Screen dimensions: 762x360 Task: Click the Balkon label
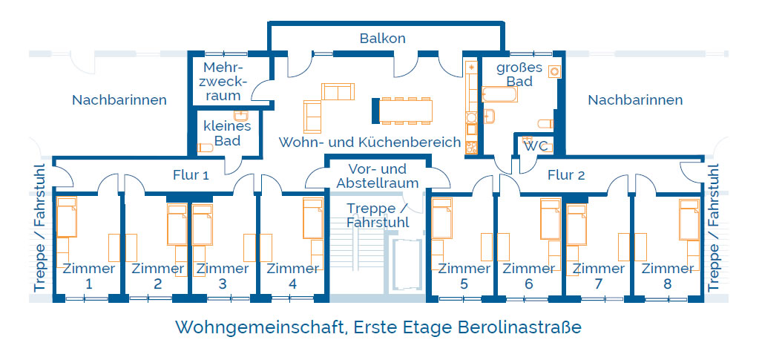point(382,39)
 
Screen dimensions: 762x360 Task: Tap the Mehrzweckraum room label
point(223,81)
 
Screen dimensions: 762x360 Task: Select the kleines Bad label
point(228,134)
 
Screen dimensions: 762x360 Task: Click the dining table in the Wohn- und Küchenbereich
point(406,110)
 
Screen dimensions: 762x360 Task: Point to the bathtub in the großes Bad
point(499,94)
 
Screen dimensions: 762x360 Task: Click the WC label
point(537,146)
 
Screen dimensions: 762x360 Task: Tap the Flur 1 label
point(191,175)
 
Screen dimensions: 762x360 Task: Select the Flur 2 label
point(566,175)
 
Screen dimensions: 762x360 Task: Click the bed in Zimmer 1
point(67,217)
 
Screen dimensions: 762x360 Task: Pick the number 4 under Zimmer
point(292,284)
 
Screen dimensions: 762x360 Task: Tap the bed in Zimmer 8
point(689,219)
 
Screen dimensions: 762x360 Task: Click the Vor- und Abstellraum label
point(378,176)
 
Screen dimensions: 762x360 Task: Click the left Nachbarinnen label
point(119,100)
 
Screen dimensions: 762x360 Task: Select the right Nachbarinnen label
point(635,100)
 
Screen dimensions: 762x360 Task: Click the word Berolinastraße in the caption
point(519,327)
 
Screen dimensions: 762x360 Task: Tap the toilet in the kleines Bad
point(205,148)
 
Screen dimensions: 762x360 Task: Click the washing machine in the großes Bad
point(554,71)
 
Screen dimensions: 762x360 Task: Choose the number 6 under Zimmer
point(529,284)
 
